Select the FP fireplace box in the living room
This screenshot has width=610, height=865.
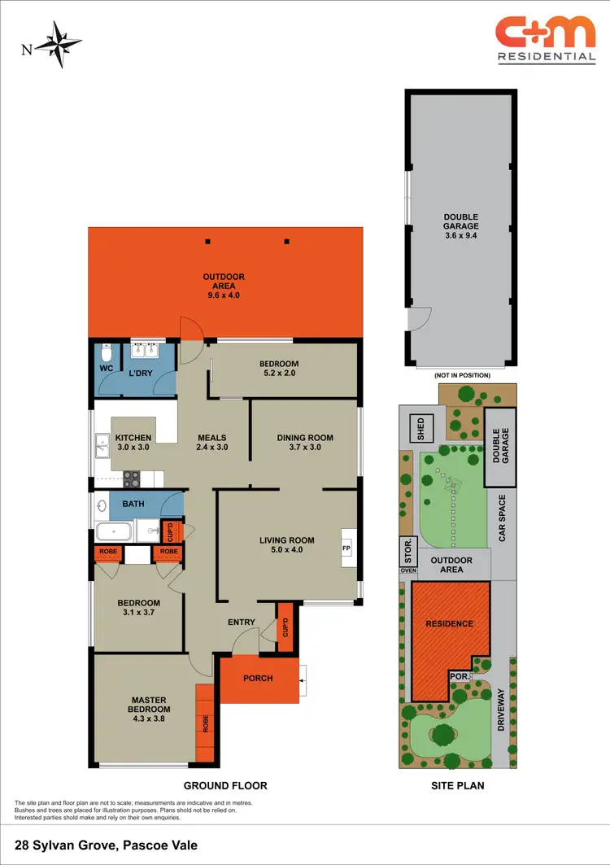[x=346, y=548]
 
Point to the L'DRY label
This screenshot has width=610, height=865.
[x=142, y=374]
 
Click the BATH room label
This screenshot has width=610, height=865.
[x=133, y=505]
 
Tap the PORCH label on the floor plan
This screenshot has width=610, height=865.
[x=258, y=678]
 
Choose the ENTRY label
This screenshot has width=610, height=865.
[x=242, y=623]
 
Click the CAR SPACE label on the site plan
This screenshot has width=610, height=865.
[x=502, y=518]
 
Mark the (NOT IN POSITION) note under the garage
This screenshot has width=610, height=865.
[x=462, y=375]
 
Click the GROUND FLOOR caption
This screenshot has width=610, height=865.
[x=225, y=786]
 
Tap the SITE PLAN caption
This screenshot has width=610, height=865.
[x=457, y=786]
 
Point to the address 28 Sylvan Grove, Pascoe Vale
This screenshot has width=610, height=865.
[x=106, y=845]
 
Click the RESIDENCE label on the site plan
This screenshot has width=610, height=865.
[x=450, y=623]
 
